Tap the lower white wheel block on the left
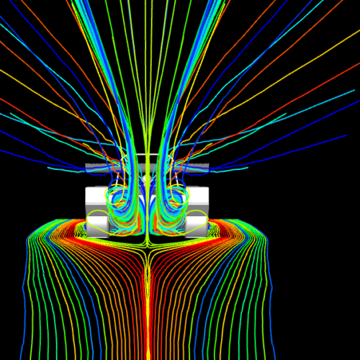tap(99, 225)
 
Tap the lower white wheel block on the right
tap(196, 225)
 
